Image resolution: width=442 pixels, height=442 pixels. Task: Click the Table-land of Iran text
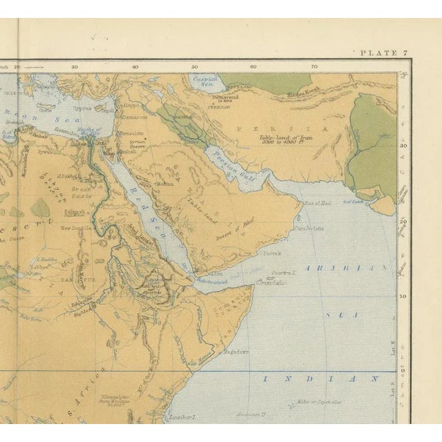283,142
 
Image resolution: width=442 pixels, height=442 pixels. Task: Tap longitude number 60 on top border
253,67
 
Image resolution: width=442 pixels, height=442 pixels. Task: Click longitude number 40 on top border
135,67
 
